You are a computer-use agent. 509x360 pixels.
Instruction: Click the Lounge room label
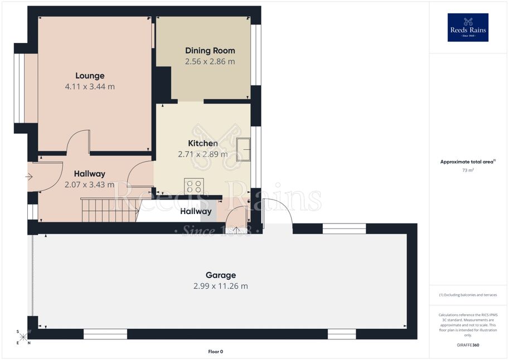point(90,76)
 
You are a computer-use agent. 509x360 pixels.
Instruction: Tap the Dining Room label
point(210,51)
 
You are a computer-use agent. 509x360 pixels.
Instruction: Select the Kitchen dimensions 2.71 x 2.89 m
point(203,154)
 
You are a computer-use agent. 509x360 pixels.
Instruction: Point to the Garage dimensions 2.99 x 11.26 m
point(221,286)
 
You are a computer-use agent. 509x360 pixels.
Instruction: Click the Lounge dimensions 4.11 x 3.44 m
point(90,87)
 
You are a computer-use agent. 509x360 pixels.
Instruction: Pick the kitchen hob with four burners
point(194,186)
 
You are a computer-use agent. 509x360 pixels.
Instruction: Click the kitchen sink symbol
point(243,149)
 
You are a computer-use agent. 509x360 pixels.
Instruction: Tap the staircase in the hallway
point(110,210)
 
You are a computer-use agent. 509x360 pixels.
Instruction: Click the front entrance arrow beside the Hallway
point(29,177)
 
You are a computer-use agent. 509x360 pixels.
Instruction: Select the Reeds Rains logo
point(468,28)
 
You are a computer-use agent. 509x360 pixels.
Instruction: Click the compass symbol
point(23,337)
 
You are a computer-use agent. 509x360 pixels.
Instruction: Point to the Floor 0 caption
point(216,352)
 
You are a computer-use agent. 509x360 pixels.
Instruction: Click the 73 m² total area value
point(468,170)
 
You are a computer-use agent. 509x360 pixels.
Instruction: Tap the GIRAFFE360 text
point(468,345)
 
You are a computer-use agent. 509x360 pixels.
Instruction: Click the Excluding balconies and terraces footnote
point(468,295)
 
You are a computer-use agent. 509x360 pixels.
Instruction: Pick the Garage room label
point(221,275)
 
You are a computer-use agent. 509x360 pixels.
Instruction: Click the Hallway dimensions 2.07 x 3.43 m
point(89,184)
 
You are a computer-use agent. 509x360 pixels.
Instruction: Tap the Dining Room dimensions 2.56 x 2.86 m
point(210,62)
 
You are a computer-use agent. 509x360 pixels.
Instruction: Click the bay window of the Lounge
point(20,88)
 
